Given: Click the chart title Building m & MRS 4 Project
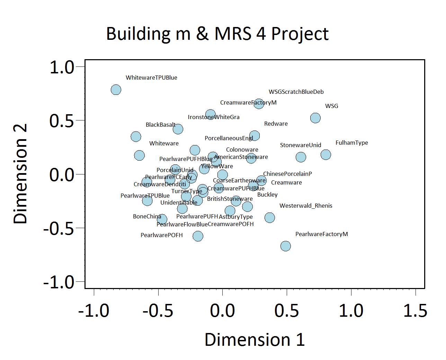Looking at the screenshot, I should pos(217,34).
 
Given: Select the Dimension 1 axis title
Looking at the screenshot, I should pos(255,340).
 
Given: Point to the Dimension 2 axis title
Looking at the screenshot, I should pos(20,174).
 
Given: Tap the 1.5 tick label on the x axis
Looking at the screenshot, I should pos(415,310).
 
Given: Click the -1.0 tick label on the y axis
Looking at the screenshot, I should pos(59,282).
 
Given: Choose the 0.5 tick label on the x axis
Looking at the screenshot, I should pos(286,310).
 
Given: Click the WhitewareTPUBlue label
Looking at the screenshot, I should pos(151,78).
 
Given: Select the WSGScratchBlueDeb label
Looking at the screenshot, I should pos(296,92).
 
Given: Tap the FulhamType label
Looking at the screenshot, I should pos(351,143).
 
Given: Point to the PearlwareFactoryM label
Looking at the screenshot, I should pos(321,234).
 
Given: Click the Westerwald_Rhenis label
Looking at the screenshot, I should pos(306,206).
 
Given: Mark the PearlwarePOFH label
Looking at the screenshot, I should pos(161,235).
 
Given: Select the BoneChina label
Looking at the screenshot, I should pos(147,216).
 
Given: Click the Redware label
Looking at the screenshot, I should pos(276,124).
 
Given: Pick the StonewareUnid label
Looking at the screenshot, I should pos(300,145).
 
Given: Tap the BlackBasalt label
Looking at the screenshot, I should pos(160,125).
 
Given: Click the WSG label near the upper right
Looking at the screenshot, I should pos(331,106).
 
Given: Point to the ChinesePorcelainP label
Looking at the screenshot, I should pos(287,174).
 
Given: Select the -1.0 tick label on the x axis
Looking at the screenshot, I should pos(93,310).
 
